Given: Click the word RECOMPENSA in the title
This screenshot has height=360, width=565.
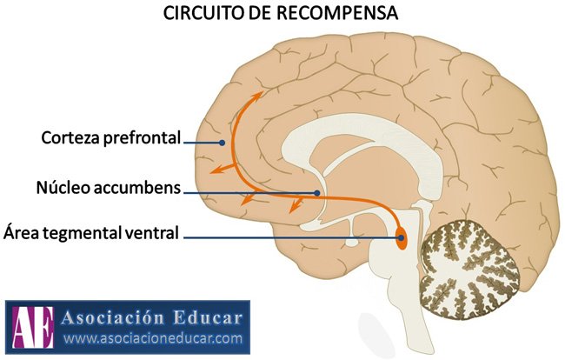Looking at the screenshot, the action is coord(337,13).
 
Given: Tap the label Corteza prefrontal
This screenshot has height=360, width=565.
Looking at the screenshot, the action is coord(110,138).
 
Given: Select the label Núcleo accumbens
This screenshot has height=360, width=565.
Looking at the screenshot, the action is coord(109,187).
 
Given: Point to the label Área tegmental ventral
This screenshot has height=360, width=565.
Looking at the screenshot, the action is coord(91,233).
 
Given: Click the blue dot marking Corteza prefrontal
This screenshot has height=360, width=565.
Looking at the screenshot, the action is coord(223,143).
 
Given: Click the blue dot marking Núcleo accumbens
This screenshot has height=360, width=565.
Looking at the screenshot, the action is coord(316,193).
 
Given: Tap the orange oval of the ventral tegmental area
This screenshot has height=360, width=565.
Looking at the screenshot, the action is coord(401,237).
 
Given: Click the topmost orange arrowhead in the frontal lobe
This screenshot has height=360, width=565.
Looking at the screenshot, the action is coord(257,96).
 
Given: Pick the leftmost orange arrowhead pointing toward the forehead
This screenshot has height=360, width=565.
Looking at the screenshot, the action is coord(217,170).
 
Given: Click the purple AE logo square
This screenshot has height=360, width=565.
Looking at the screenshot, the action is coord(33,327).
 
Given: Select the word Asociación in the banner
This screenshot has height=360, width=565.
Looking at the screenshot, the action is coord(114,318).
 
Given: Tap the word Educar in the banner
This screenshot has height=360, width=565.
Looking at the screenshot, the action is coord(208,318).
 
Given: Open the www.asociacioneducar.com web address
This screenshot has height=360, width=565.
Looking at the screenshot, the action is coord(153,338).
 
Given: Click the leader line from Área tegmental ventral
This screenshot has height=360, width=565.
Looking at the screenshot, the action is coord(292,237).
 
